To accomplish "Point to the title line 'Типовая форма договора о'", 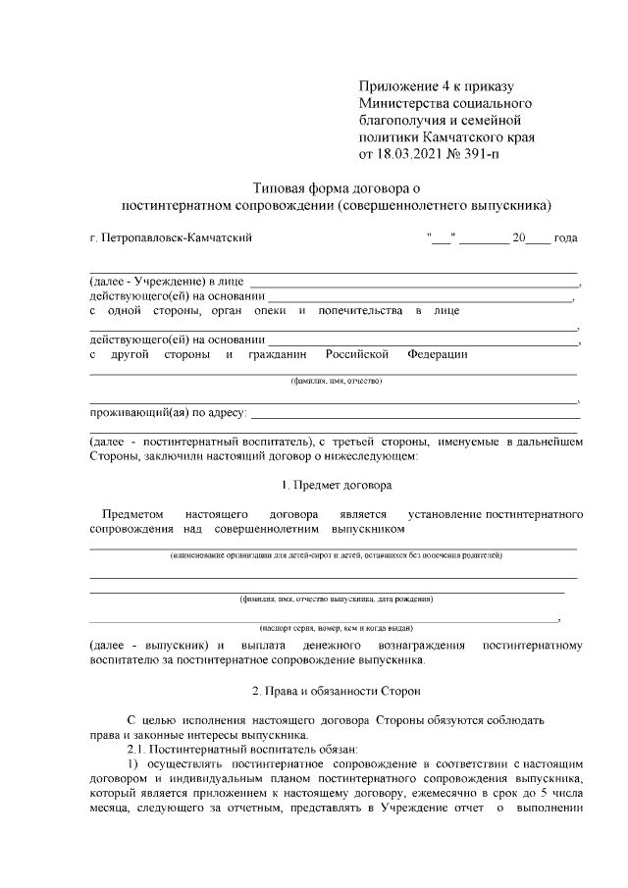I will click(336, 187).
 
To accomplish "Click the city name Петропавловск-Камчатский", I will click(172, 237).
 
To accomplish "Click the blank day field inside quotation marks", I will click(440, 237).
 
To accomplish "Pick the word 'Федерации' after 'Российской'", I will click(438, 353).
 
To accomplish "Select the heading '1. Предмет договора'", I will click(336, 485).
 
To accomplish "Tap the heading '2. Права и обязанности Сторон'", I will click(336, 691).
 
